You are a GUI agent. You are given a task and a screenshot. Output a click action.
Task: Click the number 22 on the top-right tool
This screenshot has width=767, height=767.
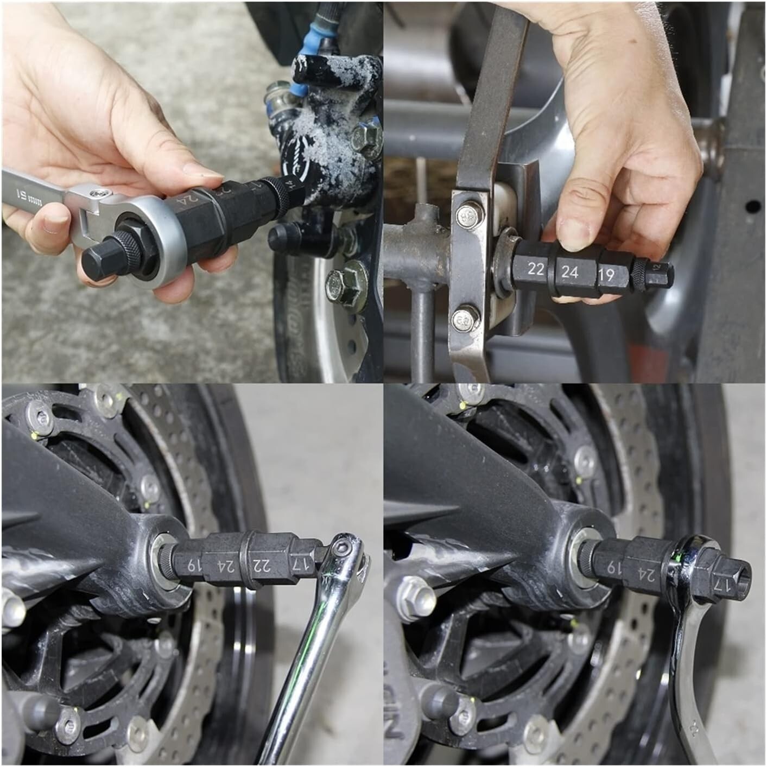[536, 269]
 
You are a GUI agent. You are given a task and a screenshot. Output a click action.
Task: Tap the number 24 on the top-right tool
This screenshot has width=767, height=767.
[569, 272]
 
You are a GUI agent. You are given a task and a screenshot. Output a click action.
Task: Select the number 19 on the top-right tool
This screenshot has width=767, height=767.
[607, 275]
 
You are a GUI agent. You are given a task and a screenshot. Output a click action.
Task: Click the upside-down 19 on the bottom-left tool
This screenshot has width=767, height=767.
[191, 565]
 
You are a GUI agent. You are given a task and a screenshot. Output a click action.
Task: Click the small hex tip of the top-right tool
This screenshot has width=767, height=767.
[661, 270]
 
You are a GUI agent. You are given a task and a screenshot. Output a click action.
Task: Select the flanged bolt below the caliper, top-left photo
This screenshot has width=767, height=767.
[344, 283]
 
